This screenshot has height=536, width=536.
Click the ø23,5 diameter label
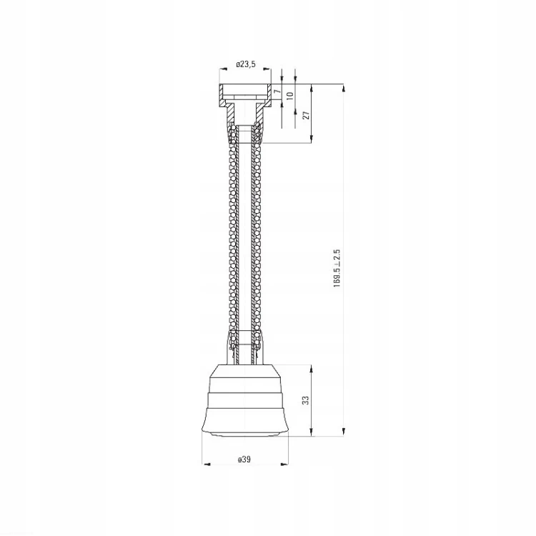click(x=245, y=64)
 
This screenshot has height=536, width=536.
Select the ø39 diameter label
click(x=244, y=459)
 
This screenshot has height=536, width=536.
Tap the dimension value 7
click(x=277, y=91)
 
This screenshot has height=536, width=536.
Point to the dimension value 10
click(x=290, y=95)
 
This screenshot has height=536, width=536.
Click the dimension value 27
click(x=307, y=115)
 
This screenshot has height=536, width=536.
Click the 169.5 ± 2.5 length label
click(x=337, y=268)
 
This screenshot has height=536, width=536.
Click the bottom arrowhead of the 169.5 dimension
click(x=344, y=432)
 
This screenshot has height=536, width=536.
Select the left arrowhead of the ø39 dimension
click(x=207, y=464)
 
